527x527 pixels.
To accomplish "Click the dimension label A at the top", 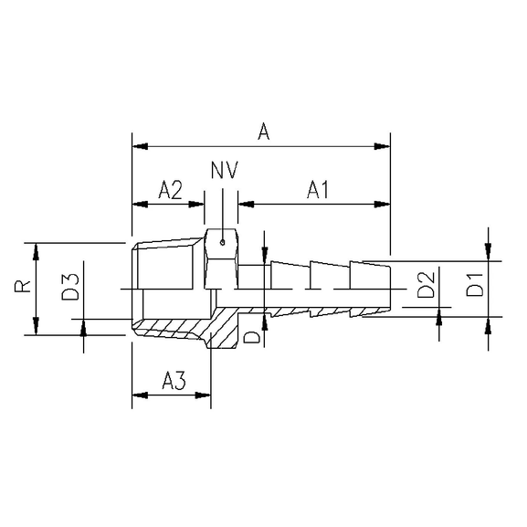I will (263, 132).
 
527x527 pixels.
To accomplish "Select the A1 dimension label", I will (318, 190).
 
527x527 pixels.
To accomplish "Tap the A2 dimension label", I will (170, 190).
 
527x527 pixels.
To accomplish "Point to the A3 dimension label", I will (174, 382).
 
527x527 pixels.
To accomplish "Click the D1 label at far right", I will (475, 289).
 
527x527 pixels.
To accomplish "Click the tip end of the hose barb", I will (389, 289).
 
